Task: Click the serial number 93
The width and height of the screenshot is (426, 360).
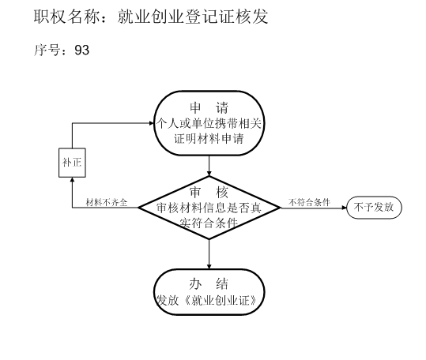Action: pyautogui.click(x=81, y=50)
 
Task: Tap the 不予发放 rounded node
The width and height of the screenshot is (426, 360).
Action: pyautogui.click(x=374, y=208)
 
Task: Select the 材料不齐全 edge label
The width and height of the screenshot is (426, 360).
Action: pyautogui.click(x=107, y=202)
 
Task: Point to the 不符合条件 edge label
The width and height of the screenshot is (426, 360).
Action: pyautogui.click(x=309, y=202)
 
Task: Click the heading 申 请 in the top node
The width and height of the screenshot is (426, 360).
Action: pyautogui.click(x=209, y=107)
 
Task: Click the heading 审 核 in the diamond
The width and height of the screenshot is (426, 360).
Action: pyautogui.click(x=209, y=193)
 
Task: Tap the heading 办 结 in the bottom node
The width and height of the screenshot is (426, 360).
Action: pyautogui.click(x=209, y=284)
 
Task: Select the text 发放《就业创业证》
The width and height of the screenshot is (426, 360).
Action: pyautogui.click(x=206, y=300)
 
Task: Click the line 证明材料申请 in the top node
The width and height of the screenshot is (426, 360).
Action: pyautogui.click(x=209, y=139)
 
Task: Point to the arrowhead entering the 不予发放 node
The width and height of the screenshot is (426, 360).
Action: pyautogui.click(x=345, y=208)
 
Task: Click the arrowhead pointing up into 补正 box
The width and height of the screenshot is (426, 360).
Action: pyautogui.click(x=72, y=180)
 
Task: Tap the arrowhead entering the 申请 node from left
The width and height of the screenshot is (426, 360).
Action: pyautogui.click(x=152, y=123)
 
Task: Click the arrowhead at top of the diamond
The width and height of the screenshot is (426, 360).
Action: pyautogui.click(x=209, y=174)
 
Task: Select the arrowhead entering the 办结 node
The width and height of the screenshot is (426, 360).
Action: pyautogui.click(x=209, y=266)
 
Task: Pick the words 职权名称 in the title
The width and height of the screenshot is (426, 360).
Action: pyautogui.click(x=66, y=17)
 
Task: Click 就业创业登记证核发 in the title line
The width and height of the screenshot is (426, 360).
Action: pyautogui.click(x=193, y=17)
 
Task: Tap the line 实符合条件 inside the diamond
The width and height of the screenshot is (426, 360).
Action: pyautogui.click(x=209, y=223)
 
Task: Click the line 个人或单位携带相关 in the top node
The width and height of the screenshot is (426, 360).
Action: pyautogui.click(x=209, y=123)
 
